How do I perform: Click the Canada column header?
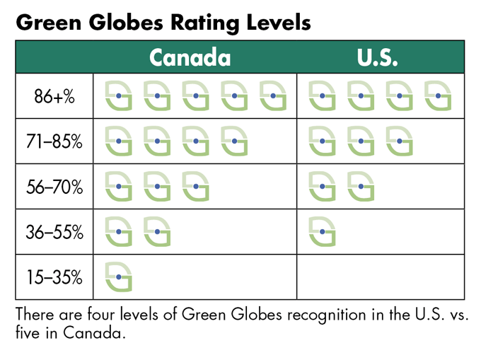pos(190,57)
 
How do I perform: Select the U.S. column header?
pos(378,57)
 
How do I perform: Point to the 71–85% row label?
pos(54,142)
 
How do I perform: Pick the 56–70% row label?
pos(54,187)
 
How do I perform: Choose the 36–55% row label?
pos(54,233)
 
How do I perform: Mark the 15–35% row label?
pos(54,277)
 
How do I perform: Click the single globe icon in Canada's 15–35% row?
pos(119,277)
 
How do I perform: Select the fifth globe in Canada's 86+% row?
pos(273,95)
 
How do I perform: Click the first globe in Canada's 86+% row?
pos(119,95)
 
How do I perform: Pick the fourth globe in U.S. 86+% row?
pos(438,95)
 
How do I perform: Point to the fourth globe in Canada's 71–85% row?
pos(234,141)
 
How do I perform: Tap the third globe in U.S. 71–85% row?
pos(399,141)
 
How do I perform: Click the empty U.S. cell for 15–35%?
pos(381,277)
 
